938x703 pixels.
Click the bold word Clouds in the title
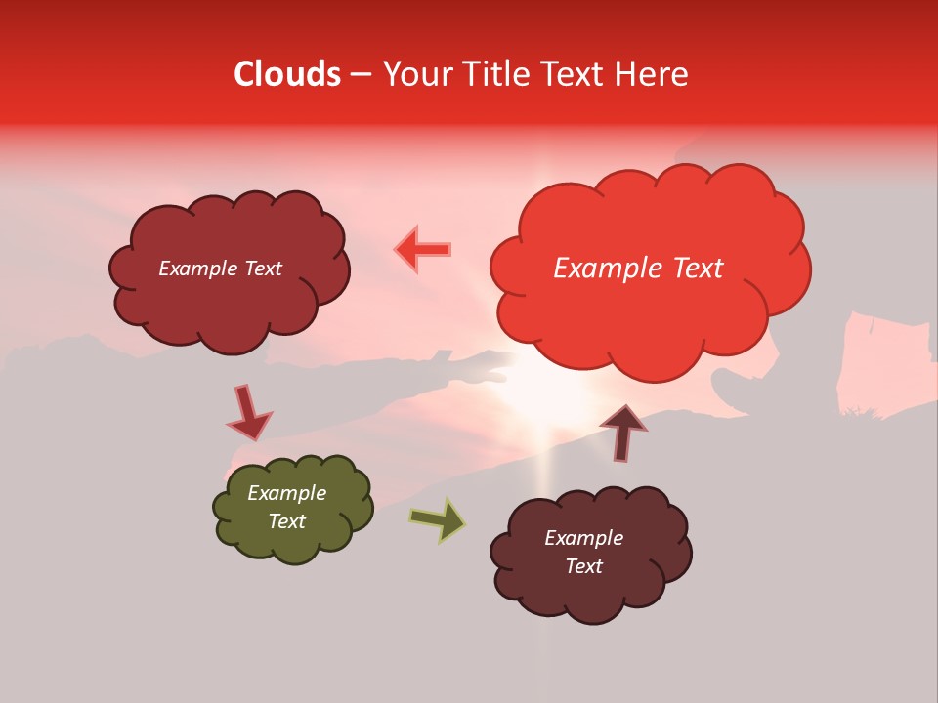pyautogui.click(x=287, y=74)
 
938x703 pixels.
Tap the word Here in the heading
pyautogui.click(x=653, y=74)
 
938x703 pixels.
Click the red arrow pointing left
pyautogui.click(x=422, y=250)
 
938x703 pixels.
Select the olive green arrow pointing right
pyautogui.click(x=438, y=519)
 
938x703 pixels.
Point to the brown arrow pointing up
pyautogui.click(x=622, y=433)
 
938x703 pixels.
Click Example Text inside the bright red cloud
pyautogui.click(x=638, y=269)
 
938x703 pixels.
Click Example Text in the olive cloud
pyautogui.click(x=287, y=507)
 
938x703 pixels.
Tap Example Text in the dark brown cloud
pyautogui.click(x=583, y=552)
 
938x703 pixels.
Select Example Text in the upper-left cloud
pyautogui.click(x=220, y=269)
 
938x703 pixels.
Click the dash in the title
pyautogui.click(x=361, y=74)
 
